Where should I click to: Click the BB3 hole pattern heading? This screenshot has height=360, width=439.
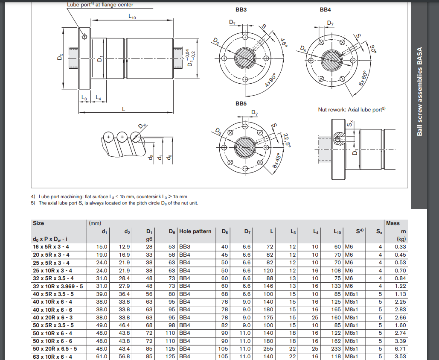(241, 9)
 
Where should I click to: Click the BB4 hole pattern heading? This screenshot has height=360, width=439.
(325, 9)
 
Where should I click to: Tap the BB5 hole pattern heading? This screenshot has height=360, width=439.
(241, 104)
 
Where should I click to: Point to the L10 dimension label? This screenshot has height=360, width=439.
(132, 17)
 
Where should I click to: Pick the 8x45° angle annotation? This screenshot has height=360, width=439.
(278, 161)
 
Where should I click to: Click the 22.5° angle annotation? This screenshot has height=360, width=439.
(287, 140)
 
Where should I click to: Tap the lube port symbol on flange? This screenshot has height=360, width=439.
(84, 37)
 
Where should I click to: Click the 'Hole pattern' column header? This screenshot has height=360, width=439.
(195, 231)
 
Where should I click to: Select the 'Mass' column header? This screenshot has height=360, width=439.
(392, 223)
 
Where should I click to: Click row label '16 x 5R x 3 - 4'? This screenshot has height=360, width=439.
(51, 247)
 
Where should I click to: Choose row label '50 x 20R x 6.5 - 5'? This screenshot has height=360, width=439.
(55, 349)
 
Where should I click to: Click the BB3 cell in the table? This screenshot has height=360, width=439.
(185, 247)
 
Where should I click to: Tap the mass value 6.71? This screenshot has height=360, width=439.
(400, 349)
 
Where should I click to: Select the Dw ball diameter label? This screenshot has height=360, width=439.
(142, 126)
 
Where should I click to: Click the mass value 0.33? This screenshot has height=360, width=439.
(400, 247)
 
